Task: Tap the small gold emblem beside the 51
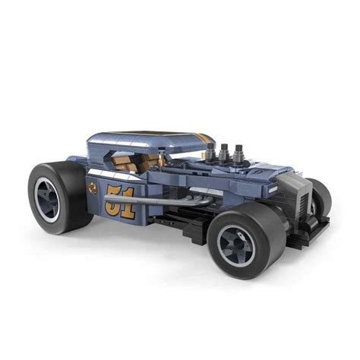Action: (x=93, y=186)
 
